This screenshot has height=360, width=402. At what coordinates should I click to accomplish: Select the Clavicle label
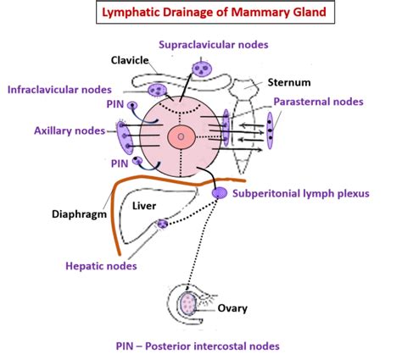coord(131,59)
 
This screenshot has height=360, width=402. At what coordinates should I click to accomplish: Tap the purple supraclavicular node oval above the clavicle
coord(203,68)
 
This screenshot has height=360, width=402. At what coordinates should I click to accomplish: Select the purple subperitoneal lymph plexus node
coord(219,194)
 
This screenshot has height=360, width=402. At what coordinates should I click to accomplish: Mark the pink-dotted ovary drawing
coord(189,300)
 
